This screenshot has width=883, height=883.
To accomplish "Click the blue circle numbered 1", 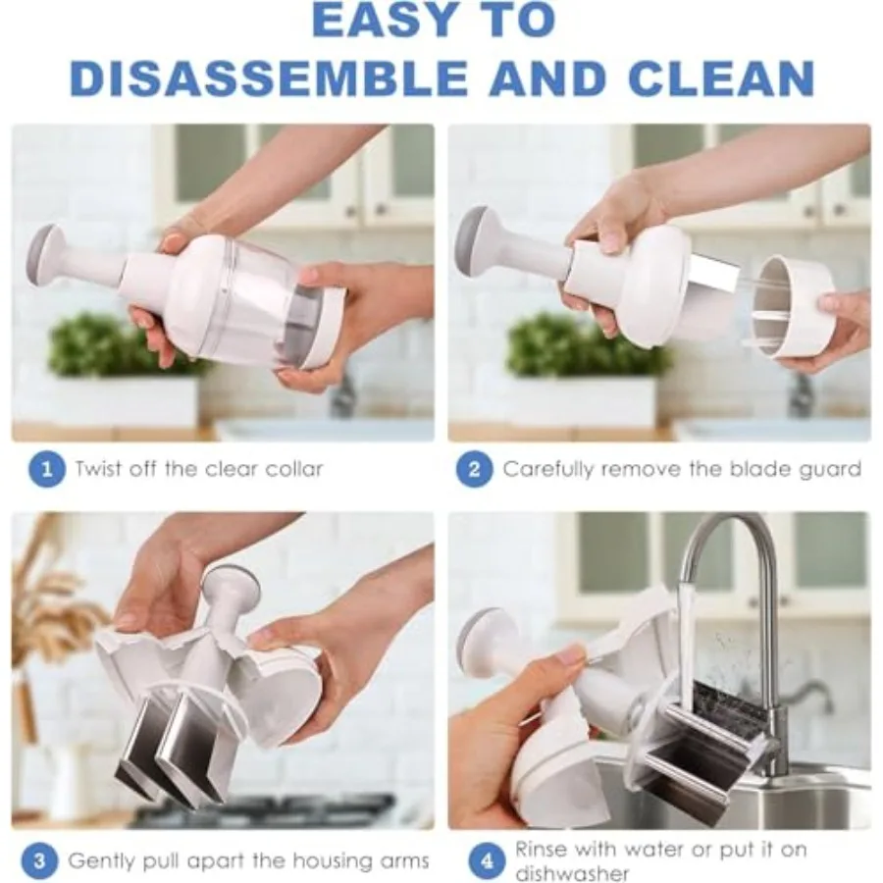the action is click(x=47, y=470).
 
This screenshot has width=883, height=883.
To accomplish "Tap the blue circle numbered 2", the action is click(x=474, y=470).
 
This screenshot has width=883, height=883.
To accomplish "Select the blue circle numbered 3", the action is click(x=39, y=861).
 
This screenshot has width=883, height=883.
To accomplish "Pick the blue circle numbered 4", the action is click(x=487, y=861).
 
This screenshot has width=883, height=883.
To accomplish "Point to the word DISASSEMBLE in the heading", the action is click(x=269, y=78).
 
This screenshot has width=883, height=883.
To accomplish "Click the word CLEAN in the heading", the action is click(x=721, y=78).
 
